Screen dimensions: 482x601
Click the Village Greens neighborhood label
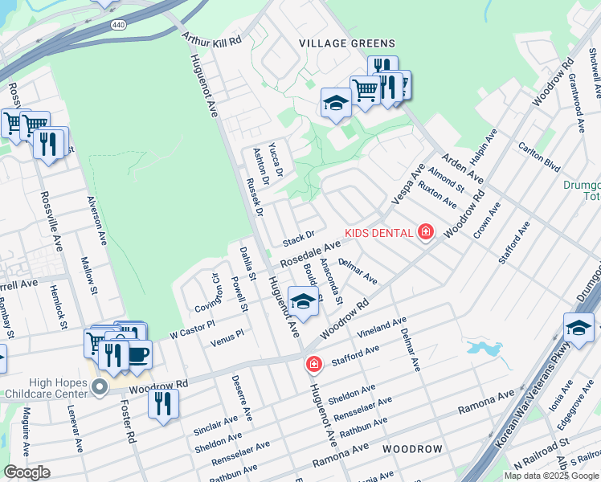(x=347, y=43)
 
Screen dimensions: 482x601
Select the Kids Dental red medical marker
(x=425, y=233)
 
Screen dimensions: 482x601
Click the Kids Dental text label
(x=378, y=233)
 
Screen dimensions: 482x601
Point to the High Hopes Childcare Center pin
(x=99, y=389)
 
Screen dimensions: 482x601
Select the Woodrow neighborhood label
(x=412, y=448)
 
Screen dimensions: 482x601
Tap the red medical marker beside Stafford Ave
(x=313, y=365)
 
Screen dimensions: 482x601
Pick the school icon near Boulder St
(x=303, y=302)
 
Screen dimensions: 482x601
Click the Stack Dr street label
(x=298, y=239)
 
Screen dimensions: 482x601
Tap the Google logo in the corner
(x=27, y=472)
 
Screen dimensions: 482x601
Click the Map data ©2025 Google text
(x=551, y=476)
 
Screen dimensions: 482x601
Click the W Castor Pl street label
(x=192, y=329)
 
